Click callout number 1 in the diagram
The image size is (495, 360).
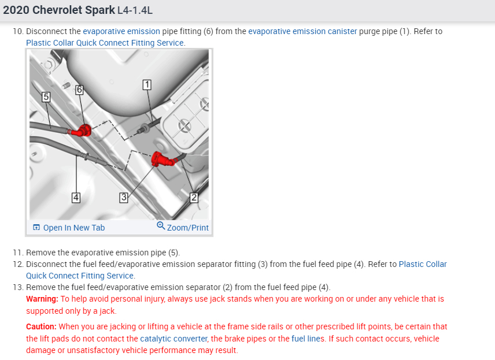point(147,85)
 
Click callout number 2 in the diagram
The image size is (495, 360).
point(194,198)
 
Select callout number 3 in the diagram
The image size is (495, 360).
point(123,198)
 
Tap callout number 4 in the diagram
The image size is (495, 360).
point(76,198)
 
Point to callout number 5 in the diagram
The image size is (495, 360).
point(46,97)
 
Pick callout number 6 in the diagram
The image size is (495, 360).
point(79,90)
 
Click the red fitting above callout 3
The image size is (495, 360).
point(162,158)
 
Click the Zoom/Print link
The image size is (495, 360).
point(187,228)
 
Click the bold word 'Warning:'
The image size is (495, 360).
point(42,299)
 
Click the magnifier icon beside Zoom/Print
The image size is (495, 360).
point(161,227)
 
